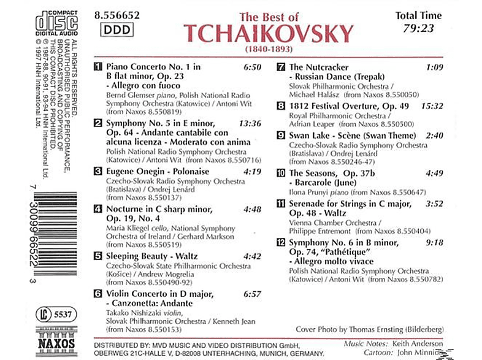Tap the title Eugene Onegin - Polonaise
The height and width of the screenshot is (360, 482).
point(149,172)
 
